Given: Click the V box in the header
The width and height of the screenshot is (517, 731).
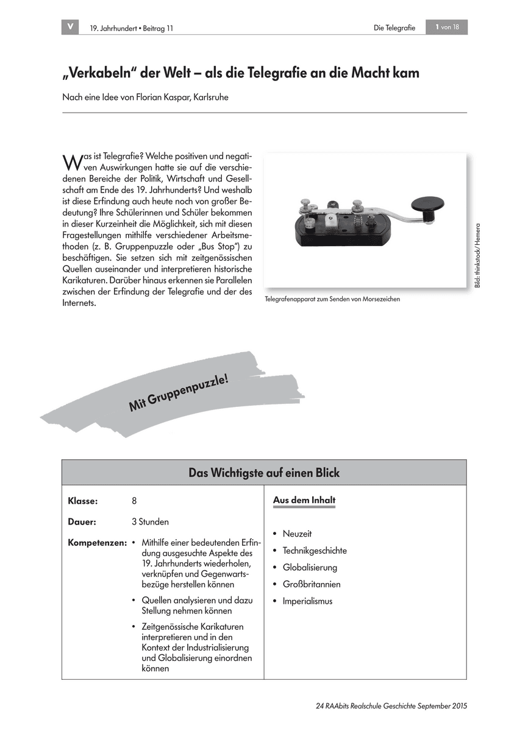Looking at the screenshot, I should (70, 27).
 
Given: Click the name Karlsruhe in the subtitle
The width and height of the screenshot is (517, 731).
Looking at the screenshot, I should (210, 97).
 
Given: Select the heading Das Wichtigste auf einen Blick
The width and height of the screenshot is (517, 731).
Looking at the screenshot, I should (264, 473).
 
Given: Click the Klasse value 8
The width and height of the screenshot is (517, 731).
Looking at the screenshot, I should (134, 501).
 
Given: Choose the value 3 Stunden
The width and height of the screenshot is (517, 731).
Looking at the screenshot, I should (150, 522).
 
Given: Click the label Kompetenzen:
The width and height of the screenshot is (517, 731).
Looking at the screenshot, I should (98, 542).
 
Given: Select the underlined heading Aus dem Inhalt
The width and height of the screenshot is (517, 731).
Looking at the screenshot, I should (304, 501).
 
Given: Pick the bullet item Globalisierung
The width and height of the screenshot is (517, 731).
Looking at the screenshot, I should (310, 568).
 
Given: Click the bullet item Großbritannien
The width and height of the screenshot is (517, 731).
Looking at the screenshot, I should (312, 585).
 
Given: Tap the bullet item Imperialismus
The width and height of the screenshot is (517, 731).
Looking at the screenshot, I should (307, 601).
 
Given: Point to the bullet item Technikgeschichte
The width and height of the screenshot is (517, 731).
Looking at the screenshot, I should (315, 551).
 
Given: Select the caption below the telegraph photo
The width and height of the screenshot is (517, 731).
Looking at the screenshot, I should (333, 300).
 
